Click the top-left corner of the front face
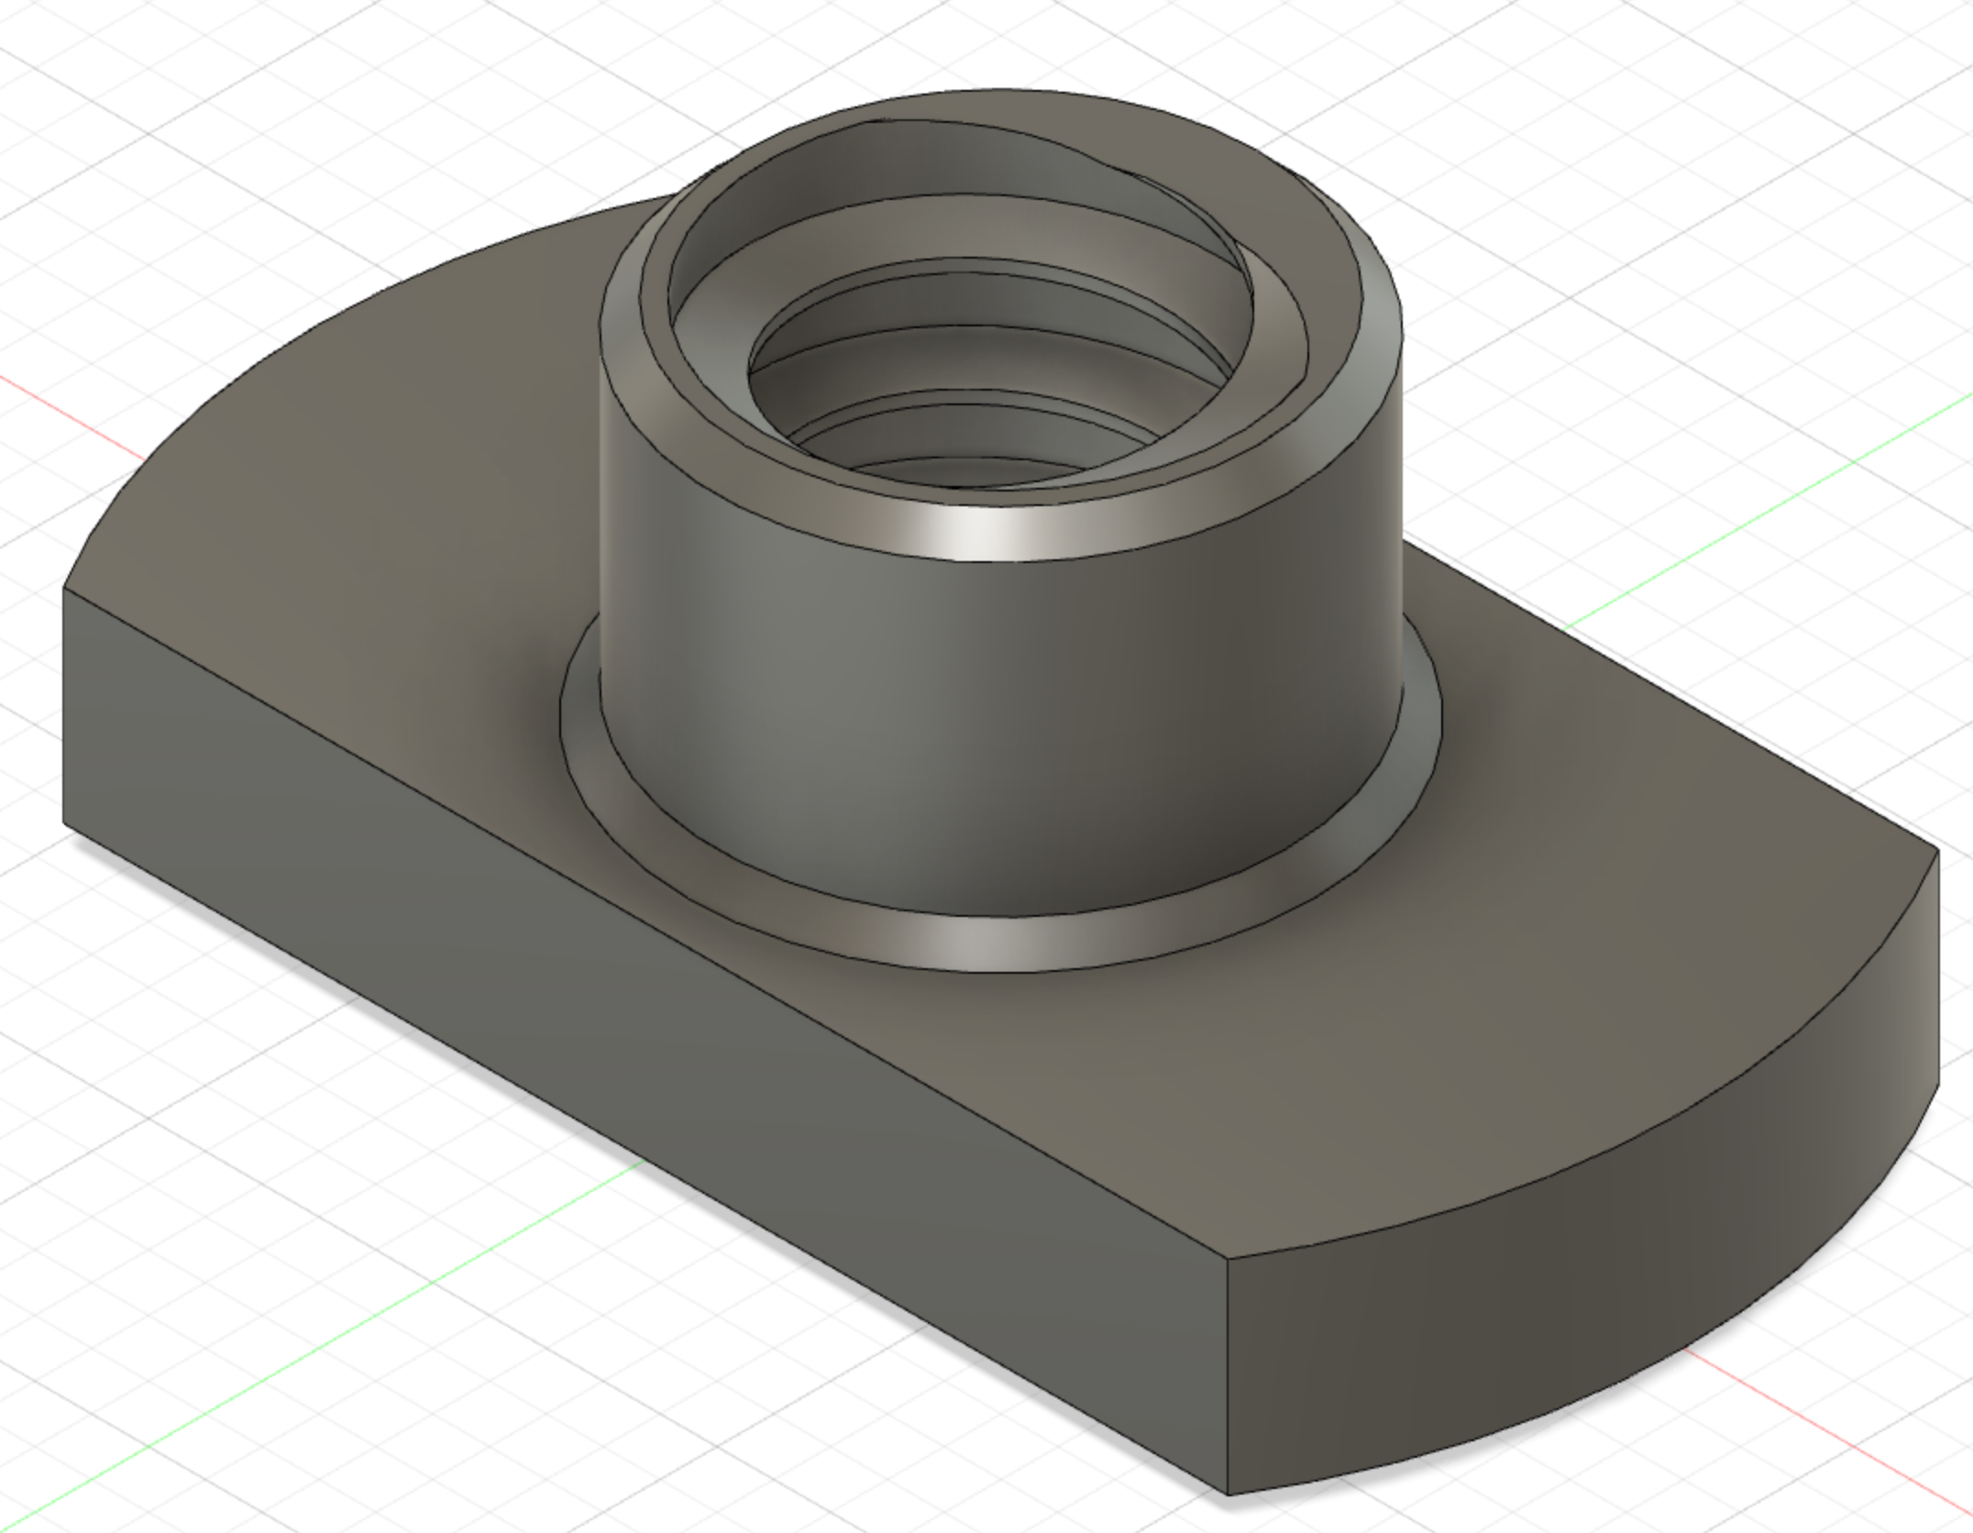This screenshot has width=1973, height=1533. (64, 587)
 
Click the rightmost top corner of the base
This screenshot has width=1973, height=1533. (1936, 851)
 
